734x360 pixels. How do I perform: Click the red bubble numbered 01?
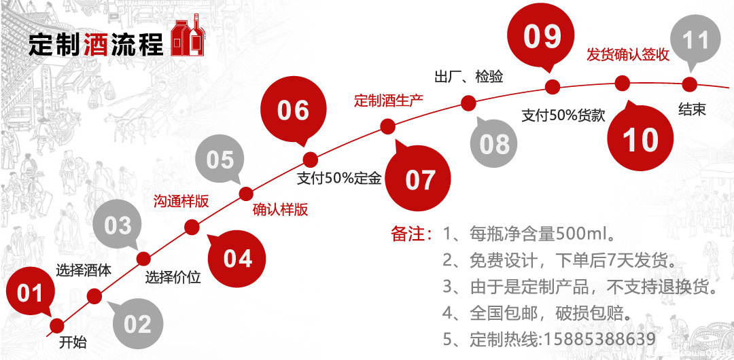29,293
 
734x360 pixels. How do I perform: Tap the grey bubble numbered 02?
137,323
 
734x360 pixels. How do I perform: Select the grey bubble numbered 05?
220,160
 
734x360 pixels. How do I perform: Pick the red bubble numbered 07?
419,179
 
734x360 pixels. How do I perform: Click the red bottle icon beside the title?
188,37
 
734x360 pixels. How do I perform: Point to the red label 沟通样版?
180,201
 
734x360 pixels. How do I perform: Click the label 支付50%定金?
339,179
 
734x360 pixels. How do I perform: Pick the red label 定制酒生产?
389,101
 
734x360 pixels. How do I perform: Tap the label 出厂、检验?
468,76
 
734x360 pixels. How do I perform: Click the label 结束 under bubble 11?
692,109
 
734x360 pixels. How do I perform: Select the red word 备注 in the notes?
407,235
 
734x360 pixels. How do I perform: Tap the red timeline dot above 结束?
690,84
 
